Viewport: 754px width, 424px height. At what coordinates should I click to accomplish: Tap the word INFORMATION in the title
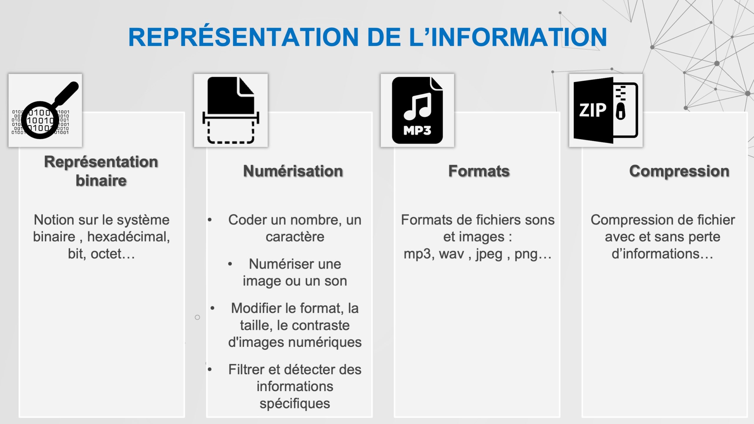pyautogui.click(x=519, y=37)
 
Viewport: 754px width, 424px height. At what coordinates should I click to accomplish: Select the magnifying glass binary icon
pyautogui.click(x=45, y=110)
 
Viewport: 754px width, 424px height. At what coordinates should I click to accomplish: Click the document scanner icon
pyautogui.click(x=231, y=110)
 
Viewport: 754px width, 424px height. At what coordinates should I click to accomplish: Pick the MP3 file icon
pyautogui.click(x=417, y=110)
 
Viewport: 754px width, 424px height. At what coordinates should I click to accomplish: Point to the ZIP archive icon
pyautogui.click(x=606, y=110)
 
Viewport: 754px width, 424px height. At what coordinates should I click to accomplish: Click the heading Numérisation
pyautogui.click(x=293, y=171)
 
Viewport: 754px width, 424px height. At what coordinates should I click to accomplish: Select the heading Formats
pyautogui.click(x=479, y=171)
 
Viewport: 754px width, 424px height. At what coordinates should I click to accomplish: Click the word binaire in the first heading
pyautogui.click(x=101, y=180)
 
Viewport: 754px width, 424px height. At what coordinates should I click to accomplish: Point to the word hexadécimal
pyautogui.click(x=129, y=237)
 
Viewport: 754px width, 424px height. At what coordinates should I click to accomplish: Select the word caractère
pyautogui.click(x=295, y=237)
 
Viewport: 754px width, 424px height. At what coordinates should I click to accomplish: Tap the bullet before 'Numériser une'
pyautogui.click(x=230, y=264)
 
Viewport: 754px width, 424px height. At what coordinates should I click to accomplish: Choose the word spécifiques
pyautogui.click(x=295, y=404)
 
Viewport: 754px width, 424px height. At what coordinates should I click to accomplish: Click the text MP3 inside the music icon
pyautogui.click(x=417, y=130)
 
